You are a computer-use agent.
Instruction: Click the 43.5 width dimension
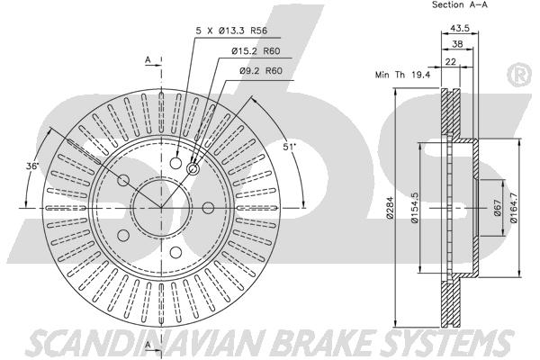pyautogui.click(x=460, y=28)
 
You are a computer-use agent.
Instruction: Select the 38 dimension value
pyautogui.click(x=457, y=44)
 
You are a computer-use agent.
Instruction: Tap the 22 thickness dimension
pyautogui.click(x=451, y=62)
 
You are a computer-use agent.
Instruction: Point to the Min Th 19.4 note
pyautogui.click(x=402, y=75)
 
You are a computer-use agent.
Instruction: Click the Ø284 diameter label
pyautogui.click(x=390, y=208)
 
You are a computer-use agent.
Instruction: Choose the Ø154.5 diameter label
pyautogui.click(x=415, y=208)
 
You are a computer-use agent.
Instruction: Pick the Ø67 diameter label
pyautogui.click(x=497, y=208)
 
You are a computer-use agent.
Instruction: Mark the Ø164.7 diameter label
pyautogui.click(x=514, y=208)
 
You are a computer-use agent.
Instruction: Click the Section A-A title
pyautogui.click(x=460, y=4)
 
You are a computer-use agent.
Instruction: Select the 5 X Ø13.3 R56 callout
pyautogui.click(x=231, y=31)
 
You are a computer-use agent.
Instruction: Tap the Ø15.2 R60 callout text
pyautogui.click(x=256, y=51)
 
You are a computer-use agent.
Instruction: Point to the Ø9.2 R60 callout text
pyautogui.click(x=261, y=70)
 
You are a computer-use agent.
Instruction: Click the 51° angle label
pyautogui.click(x=290, y=147)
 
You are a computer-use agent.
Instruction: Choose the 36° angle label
pyautogui.click(x=32, y=166)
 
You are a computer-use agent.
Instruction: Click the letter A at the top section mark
pyautogui.click(x=148, y=60)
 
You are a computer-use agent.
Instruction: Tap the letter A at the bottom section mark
pyautogui.click(x=148, y=345)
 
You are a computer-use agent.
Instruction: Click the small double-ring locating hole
pyautogui.click(x=193, y=169)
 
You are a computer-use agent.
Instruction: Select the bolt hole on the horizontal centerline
pyautogui.click(x=208, y=208)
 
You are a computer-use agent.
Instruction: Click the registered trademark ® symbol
pyautogui.click(x=519, y=75)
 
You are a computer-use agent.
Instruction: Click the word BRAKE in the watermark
pyautogui.click(x=323, y=343)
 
